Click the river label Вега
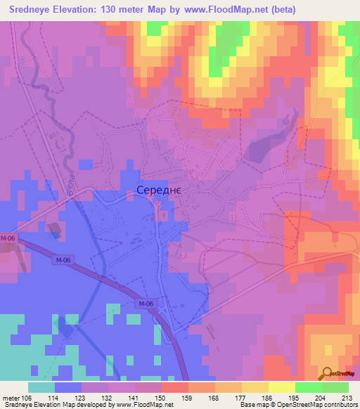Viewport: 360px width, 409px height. [x=71, y=184]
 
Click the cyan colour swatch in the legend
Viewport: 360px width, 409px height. [x=41, y=387]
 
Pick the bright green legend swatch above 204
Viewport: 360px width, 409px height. [x=308, y=387]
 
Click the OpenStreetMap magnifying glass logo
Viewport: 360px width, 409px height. [x=328, y=373]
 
